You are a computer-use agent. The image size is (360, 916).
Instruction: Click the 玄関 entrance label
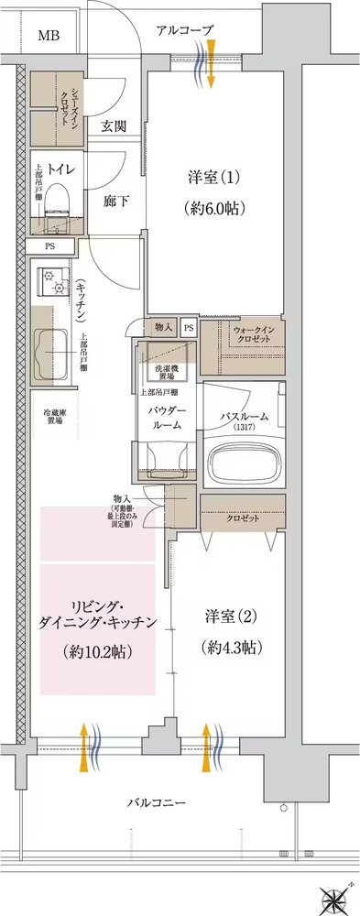113,126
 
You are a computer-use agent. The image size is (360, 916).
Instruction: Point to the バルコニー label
157,803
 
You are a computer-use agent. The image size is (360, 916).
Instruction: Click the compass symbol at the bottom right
333,897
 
